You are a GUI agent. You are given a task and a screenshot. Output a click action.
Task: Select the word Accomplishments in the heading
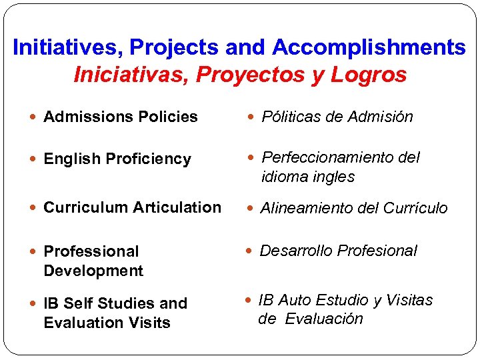click(x=369, y=48)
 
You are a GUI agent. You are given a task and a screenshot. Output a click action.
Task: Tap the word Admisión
click(x=382, y=117)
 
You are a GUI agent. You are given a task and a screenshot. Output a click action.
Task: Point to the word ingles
click(x=334, y=177)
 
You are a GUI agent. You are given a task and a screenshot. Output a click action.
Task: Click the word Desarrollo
click(x=296, y=251)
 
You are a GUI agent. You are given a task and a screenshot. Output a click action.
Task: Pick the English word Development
click(x=93, y=271)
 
